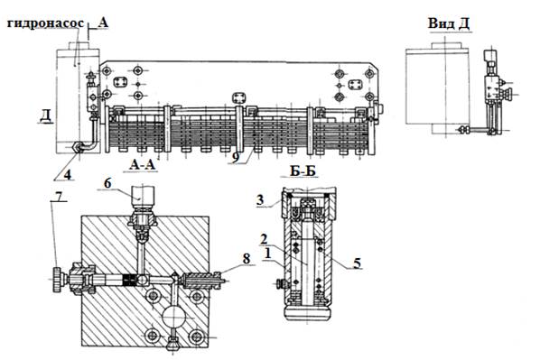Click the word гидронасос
click(45, 23)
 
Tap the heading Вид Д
click(449, 23)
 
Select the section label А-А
click(143, 165)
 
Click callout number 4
click(68, 175)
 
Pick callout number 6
click(107, 183)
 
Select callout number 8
click(247, 258)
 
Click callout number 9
click(236, 158)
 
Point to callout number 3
click(260, 199)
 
